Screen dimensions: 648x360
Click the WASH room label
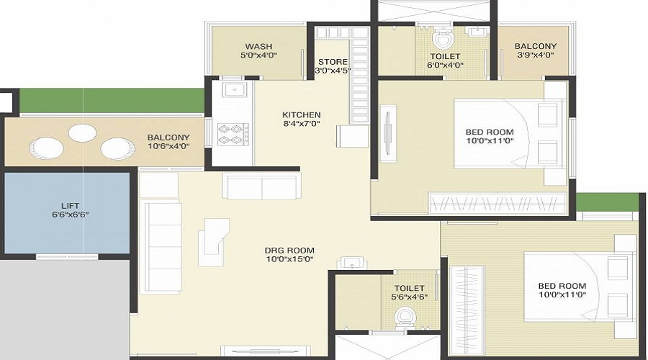click(x=258, y=46)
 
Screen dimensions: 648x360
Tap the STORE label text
click(x=333, y=62)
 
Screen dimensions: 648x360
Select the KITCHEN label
click(x=301, y=115)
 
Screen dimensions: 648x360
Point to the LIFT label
click(x=71, y=206)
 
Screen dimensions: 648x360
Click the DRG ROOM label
click(x=289, y=251)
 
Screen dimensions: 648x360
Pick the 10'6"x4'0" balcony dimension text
click(x=168, y=146)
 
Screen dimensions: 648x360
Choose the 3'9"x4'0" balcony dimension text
click(x=535, y=55)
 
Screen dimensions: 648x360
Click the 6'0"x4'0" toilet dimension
click(x=445, y=65)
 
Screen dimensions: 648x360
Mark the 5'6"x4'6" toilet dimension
click(x=409, y=297)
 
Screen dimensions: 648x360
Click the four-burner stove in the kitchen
click(x=233, y=135)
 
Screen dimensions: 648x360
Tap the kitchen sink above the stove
click(x=234, y=89)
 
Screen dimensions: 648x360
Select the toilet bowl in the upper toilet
click(x=443, y=39)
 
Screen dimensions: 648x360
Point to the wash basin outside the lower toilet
click(x=351, y=263)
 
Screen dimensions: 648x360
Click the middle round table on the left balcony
click(x=82, y=132)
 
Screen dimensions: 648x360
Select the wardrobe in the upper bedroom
click(x=497, y=203)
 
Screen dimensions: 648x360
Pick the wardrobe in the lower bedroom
click(x=467, y=311)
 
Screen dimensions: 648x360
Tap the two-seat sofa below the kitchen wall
click(x=261, y=186)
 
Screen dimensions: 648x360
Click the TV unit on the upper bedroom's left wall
click(x=387, y=134)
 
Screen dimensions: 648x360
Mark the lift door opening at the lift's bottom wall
click(x=68, y=256)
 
